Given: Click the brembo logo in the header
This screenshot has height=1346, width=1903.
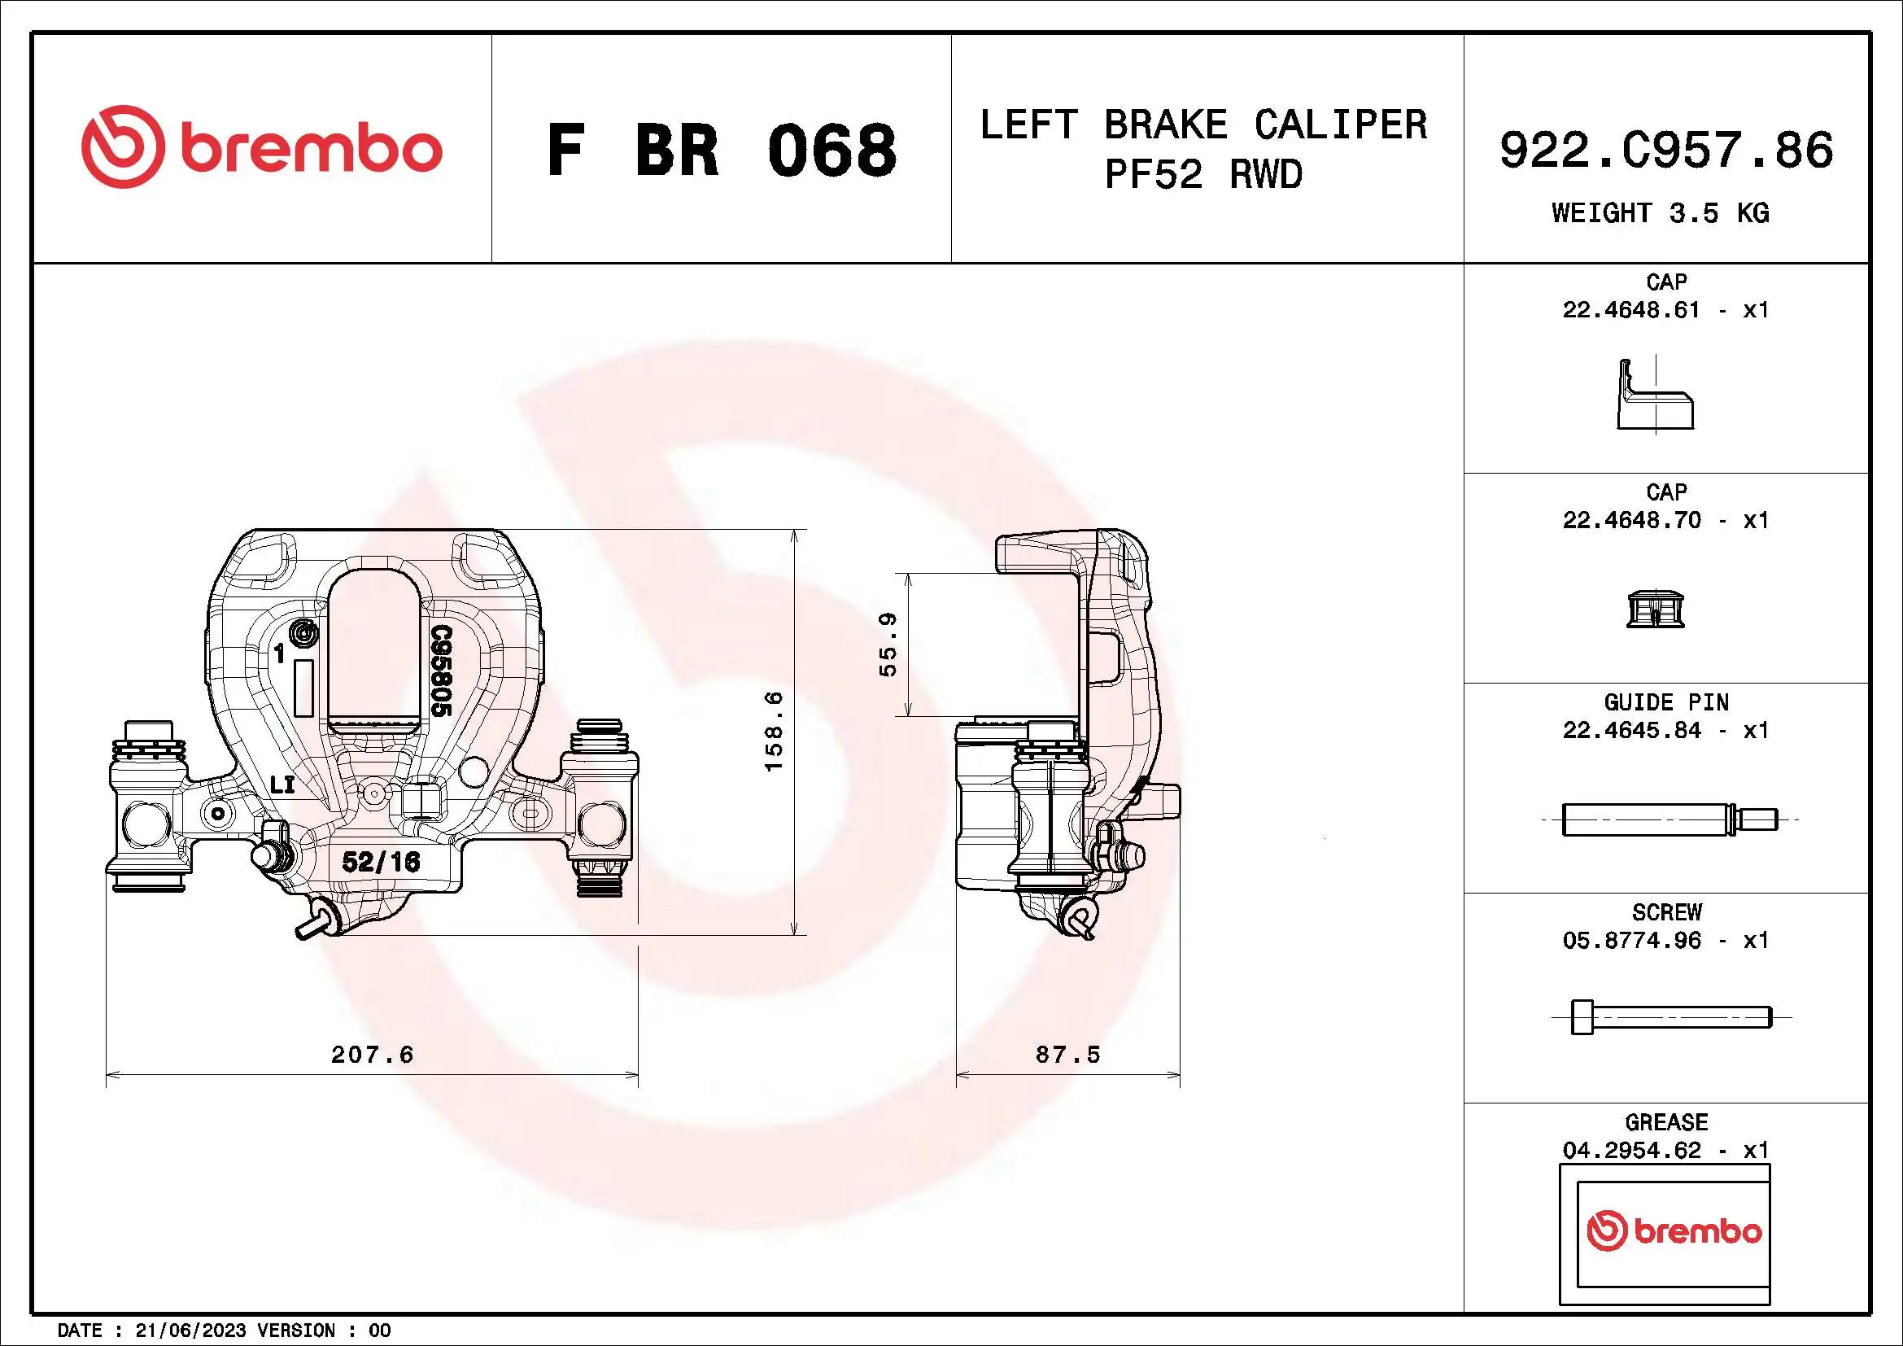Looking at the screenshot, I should tap(261, 147).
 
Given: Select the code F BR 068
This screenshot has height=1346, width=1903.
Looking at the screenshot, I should tap(721, 150).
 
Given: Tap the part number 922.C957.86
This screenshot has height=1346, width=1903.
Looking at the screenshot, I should tap(1666, 150).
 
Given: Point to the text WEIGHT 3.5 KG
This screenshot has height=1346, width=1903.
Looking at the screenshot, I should tap(1661, 213).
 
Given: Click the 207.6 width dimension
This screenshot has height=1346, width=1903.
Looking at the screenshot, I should tap(372, 1054).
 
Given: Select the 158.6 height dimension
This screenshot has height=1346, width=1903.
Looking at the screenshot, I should tap(772, 731).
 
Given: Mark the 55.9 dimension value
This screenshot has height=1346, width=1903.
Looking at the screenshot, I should tap(888, 644).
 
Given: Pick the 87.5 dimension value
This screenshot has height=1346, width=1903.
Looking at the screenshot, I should tap(1067, 1054).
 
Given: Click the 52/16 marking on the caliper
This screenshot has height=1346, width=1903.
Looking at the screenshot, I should tap(382, 862).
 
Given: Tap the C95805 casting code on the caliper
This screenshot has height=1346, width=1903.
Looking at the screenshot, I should tap(441, 671).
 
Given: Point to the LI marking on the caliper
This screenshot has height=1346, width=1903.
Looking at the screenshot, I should tap(282, 784).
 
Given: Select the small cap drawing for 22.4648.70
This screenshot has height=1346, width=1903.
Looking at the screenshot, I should tap(1655, 610).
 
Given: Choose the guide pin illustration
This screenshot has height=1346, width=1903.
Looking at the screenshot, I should tap(1669, 819).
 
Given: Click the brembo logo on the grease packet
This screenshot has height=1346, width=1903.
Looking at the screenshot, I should tap(1674, 1230).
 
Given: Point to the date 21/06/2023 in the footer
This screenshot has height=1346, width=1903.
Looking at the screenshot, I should tap(190, 1331).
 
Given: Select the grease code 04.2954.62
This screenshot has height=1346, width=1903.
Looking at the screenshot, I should tap(1631, 1150).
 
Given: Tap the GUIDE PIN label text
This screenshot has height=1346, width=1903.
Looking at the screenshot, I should tap(1666, 702).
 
